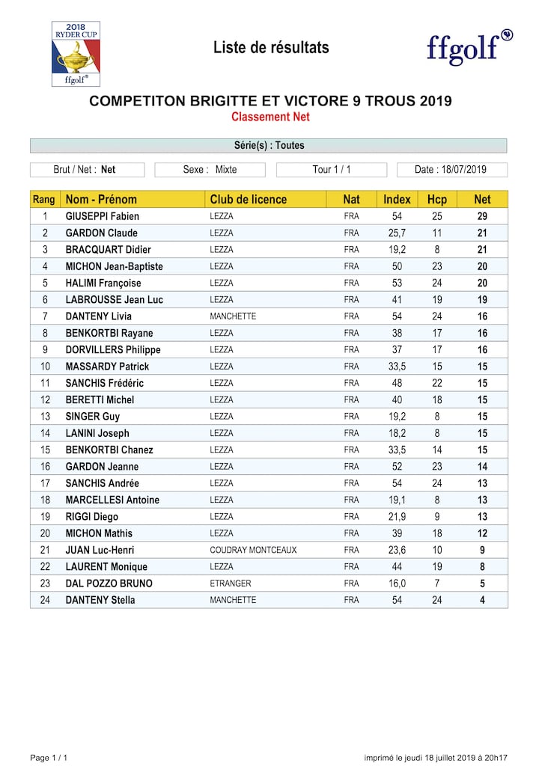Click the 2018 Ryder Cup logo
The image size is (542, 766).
point(76,54)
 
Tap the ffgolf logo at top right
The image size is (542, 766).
point(469,47)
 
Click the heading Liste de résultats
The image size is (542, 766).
point(271,48)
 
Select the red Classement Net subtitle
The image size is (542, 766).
point(270,117)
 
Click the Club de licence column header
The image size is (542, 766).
point(248,199)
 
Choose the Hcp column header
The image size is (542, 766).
point(436,199)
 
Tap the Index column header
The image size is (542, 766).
point(397,199)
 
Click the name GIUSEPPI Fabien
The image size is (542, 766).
point(103,216)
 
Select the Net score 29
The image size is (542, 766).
point(482,216)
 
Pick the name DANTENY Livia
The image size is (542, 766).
point(98,316)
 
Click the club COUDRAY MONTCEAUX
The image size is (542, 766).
point(253,550)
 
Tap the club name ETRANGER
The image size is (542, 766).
point(231,583)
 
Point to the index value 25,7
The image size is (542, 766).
point(397,233)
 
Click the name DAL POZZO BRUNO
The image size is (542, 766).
point(109,583)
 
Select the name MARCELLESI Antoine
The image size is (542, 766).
point(112,500)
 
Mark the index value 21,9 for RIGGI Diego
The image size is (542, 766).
point(397,517)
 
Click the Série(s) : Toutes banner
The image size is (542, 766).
point(269,145)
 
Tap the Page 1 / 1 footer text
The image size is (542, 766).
point(49,758)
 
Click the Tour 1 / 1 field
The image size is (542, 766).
point(332,170)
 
